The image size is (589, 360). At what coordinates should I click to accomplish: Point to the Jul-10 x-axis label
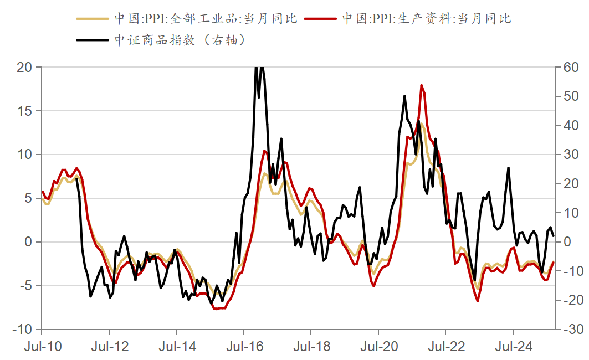42,347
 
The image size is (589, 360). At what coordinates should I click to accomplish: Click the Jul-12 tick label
109,347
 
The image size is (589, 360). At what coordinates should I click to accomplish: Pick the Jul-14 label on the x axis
176,347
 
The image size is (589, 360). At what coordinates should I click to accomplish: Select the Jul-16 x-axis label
244,347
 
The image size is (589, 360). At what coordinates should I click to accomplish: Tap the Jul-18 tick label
311,347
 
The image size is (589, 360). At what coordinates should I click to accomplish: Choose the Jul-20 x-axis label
378,347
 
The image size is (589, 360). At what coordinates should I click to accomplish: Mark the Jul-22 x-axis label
445,347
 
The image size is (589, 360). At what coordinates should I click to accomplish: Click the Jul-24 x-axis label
513,347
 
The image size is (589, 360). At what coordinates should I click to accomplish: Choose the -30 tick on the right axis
570,330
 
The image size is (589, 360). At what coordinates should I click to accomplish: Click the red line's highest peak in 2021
422,85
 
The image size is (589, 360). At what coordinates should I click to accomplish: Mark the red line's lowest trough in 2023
478,301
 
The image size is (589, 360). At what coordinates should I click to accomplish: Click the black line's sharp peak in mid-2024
508,168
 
